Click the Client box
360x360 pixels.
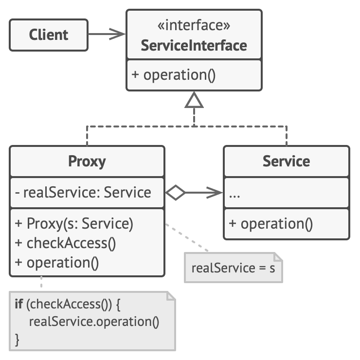[49, 35]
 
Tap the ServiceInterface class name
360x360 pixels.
[194, 46]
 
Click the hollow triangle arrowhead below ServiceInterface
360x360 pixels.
[194, 101]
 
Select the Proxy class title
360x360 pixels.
[88, 161]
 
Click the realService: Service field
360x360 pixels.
[83, 193]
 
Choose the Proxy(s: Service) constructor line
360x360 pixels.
[74, 224]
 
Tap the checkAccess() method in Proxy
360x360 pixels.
[65, 243]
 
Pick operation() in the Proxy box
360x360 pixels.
[57, 263]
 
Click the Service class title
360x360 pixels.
[286, 161]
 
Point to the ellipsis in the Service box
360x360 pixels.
[234, 194]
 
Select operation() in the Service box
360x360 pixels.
[270, 224]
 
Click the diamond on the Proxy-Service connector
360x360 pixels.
[175, 193]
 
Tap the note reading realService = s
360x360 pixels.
[233, 267]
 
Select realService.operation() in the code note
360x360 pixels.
[94, 322]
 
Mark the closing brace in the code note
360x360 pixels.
[18, 338]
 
